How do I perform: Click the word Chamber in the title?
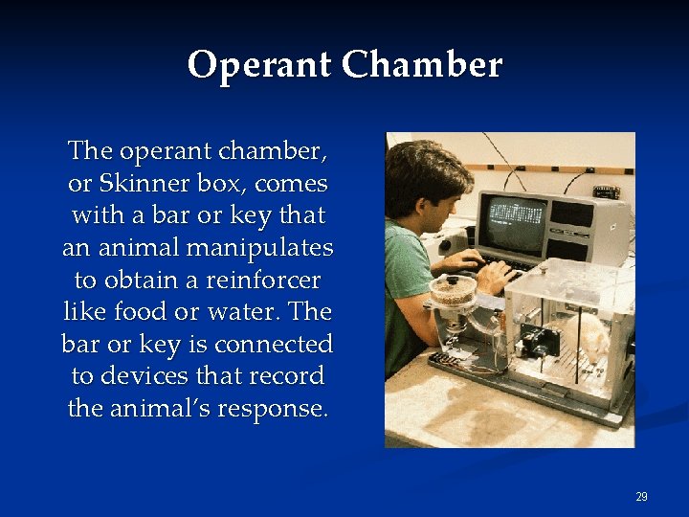click(422, 65)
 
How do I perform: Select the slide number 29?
click(641, 497)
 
